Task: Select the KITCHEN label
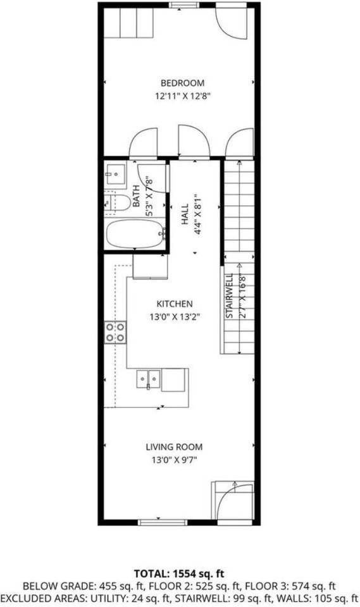(x=175, y=304)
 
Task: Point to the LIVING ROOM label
(x=174, y=447)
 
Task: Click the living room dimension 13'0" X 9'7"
(x=174, y=460)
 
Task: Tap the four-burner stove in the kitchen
(x=115, y=332)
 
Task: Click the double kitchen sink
(x=149, y=379)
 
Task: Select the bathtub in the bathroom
(x=135, y=234)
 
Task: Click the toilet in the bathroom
(x=118, y=203)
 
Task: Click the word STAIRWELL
(x=229, y=296)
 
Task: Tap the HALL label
(x=185, y=214)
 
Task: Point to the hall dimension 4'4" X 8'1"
(x=198, y=214)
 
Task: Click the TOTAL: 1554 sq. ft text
(x=179, y=573)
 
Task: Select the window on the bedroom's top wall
(x=185, y=5)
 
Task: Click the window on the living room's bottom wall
(x=163, y=523)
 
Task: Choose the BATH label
(x=136, y=196)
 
